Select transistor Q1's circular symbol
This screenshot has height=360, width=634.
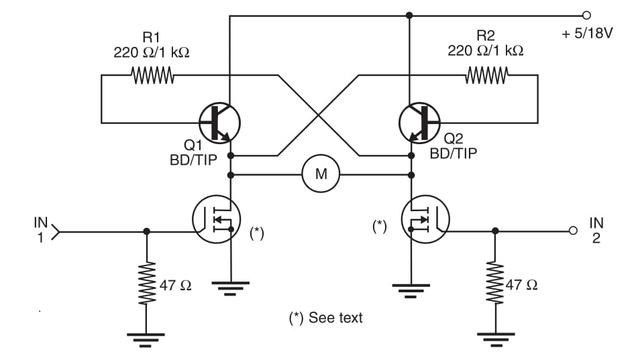pyautogui.click(x=219, y=123)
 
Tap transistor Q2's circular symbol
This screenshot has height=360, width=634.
pyautogui.click(x=419, y=123)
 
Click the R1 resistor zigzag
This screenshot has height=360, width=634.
pyautogui.click(x=153, y=76)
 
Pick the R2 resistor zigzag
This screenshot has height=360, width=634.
pyautogui.click(x=486, y=76)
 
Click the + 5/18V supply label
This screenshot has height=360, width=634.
pyautogui.click(x=587, y=34)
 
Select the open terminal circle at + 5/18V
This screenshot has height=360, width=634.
pyautogui.click(x=588, y=15)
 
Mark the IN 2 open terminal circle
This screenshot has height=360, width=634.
pyautogui.click(x=573, y=231)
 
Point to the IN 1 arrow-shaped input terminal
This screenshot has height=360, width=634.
pyautogui.click(x=56, y=232)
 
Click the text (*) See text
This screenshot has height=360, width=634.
pyautogui.click(x=325, y=318)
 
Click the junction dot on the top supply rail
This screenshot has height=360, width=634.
pyautogui.click(x=409, y=15)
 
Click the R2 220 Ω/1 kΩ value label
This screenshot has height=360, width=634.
pyautogui.click(x=486, y=44)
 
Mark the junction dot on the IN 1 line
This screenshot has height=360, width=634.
pyautogui.click(x=146, y=232)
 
